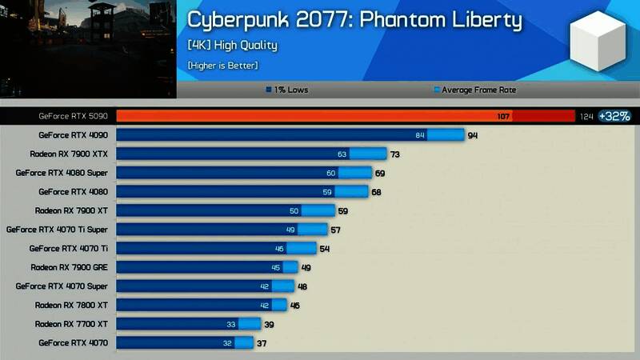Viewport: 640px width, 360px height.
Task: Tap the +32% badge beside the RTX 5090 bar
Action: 614,116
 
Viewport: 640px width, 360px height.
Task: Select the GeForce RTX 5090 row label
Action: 73,116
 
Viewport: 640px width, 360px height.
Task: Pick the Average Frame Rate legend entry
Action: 474,90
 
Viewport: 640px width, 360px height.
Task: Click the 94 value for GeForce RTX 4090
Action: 473,135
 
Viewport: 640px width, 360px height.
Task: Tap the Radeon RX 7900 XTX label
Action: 69,154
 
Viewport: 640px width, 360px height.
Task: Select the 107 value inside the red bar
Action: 503,117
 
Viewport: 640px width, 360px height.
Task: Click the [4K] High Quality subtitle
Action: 233,45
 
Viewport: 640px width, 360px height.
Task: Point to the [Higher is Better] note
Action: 223,65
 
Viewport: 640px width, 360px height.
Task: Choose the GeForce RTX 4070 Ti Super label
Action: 57,230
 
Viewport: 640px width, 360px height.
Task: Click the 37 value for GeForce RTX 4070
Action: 262,343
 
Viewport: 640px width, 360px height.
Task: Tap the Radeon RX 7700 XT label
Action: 71,324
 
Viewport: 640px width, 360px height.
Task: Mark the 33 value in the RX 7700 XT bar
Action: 231,324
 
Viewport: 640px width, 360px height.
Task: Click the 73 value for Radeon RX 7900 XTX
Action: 394,154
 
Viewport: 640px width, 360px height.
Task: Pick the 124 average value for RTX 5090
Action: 586,117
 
